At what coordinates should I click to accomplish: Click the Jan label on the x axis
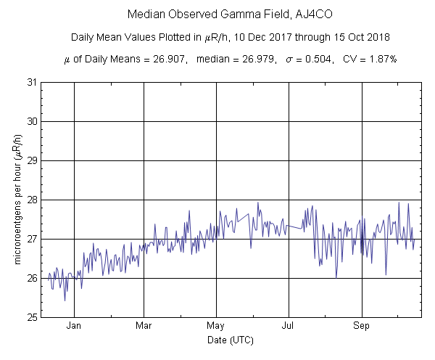(x=74, y=326)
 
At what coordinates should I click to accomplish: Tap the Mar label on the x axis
(x=144, y=326)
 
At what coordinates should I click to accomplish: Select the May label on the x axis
(x=217, y=326)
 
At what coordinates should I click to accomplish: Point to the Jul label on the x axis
(x=289, y=326)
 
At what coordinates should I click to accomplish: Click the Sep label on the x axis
(x=362, y=326)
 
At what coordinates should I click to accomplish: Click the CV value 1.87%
(x=381, y=59)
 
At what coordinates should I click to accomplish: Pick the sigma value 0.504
(x=312, y=59)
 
